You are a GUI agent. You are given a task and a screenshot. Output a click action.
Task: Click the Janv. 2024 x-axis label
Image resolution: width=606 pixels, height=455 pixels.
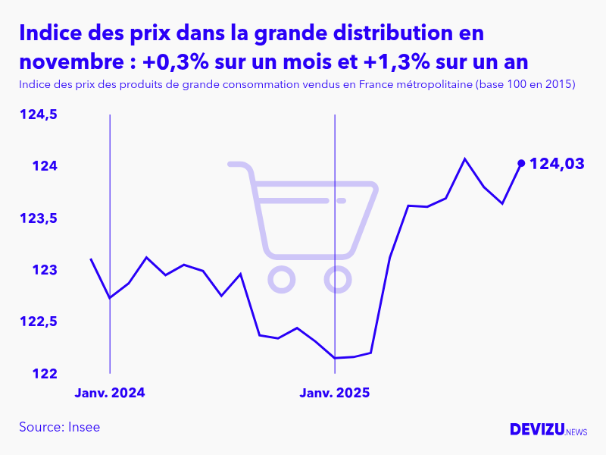pyautogui.click(x=110, y=393)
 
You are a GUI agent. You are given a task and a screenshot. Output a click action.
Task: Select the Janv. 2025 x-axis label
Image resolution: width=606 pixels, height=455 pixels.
pyautogui.click(x=335, y=393)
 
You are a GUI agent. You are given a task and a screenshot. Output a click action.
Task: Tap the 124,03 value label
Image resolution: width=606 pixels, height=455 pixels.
pyautogui.click(x=557, y=163)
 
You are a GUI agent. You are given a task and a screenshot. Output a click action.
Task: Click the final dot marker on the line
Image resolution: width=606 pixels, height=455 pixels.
pyautogui.click(x=520, y=163)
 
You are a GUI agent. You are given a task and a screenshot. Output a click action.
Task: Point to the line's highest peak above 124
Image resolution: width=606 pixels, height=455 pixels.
pyautogui.click(x=464, y=158)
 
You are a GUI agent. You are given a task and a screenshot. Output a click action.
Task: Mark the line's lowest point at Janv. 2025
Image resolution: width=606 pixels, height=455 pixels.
pyautogui.click(x=335, y=358)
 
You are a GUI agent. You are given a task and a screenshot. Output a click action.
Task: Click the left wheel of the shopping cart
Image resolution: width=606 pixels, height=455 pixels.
pyautogui.click(x=281, y=279)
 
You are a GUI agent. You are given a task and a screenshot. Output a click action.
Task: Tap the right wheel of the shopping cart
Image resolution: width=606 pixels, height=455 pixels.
pyautogui.click(x=338, y=279)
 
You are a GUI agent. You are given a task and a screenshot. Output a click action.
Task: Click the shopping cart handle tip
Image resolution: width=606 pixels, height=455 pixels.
pyautogui.click(x=232, y=164)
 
